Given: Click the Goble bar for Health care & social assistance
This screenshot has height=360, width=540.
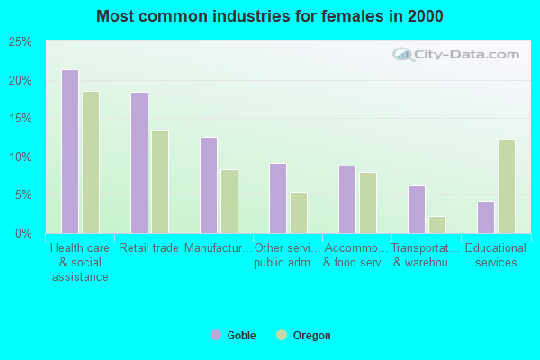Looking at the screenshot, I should tap(70, 151).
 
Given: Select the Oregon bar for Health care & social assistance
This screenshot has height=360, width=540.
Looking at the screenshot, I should tap(91, 162).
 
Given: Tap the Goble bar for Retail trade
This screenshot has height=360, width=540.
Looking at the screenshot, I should tap(139, 163).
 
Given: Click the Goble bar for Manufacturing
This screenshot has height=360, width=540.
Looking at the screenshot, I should tap(209, 185).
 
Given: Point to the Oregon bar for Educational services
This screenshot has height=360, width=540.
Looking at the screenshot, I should tap(507, 186).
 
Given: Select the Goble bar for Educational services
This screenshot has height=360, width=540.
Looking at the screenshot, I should tap(486, 217).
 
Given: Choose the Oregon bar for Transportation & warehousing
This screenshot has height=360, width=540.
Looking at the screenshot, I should tap(437, 224).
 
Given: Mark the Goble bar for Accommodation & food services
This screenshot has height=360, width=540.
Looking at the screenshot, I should tap(347, 200).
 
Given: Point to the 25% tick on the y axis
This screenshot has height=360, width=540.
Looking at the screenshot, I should tap(20, 42).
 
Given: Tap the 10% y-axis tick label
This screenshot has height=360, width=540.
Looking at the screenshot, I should tap(20, 157).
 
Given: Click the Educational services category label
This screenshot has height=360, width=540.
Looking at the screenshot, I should tap(496, 256).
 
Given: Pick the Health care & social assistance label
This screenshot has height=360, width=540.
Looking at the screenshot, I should tap(80, 262).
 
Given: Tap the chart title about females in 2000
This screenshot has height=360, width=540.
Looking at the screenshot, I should tap(270, 16).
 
